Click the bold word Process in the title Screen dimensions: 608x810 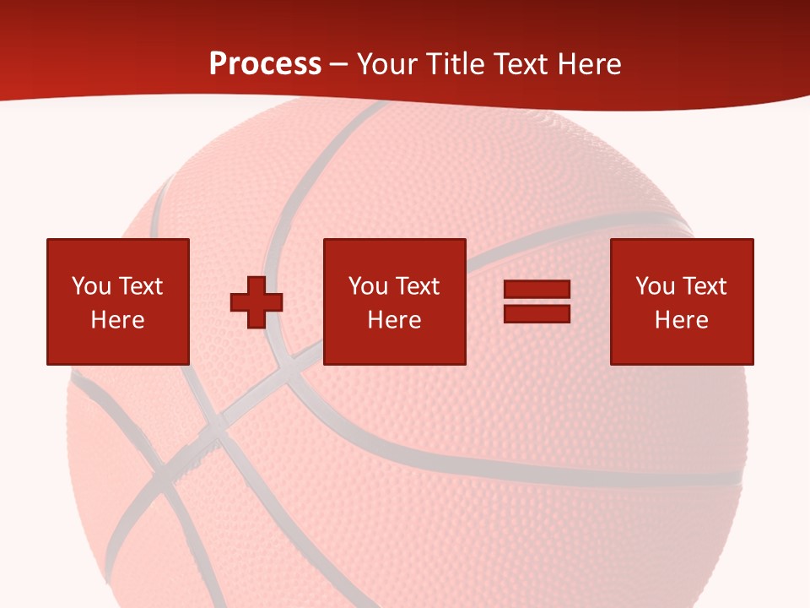click(265, 63)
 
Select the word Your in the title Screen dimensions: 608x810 click(388, 63)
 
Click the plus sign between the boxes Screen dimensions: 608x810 click(256, 301)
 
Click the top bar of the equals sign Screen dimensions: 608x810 click(537, 289)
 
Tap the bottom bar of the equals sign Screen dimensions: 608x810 click(537, 313)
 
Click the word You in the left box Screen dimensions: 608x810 click(91, 285)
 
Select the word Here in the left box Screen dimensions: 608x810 click(117, 320)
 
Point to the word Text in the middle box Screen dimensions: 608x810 click(417, 285)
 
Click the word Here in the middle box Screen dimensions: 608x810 click(394, 320)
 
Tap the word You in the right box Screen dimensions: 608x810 click(655, 285)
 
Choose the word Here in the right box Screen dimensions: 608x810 click(681, 320)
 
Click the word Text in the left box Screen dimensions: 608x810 click(140, 285)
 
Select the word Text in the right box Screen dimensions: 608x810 click(704, 285)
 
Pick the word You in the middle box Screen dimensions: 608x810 click(368, 285)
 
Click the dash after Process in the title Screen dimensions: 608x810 click(339, 64)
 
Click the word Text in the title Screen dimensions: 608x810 click(520, 63)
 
